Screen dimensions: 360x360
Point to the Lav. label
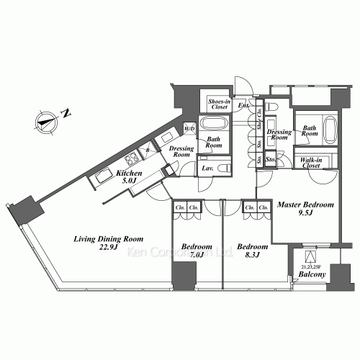tap(207, 168)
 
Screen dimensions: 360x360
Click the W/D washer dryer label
tap(189, 129)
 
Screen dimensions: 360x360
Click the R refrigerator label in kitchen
tap(148, 150)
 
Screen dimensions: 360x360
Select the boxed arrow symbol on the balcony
tap(311, 256)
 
